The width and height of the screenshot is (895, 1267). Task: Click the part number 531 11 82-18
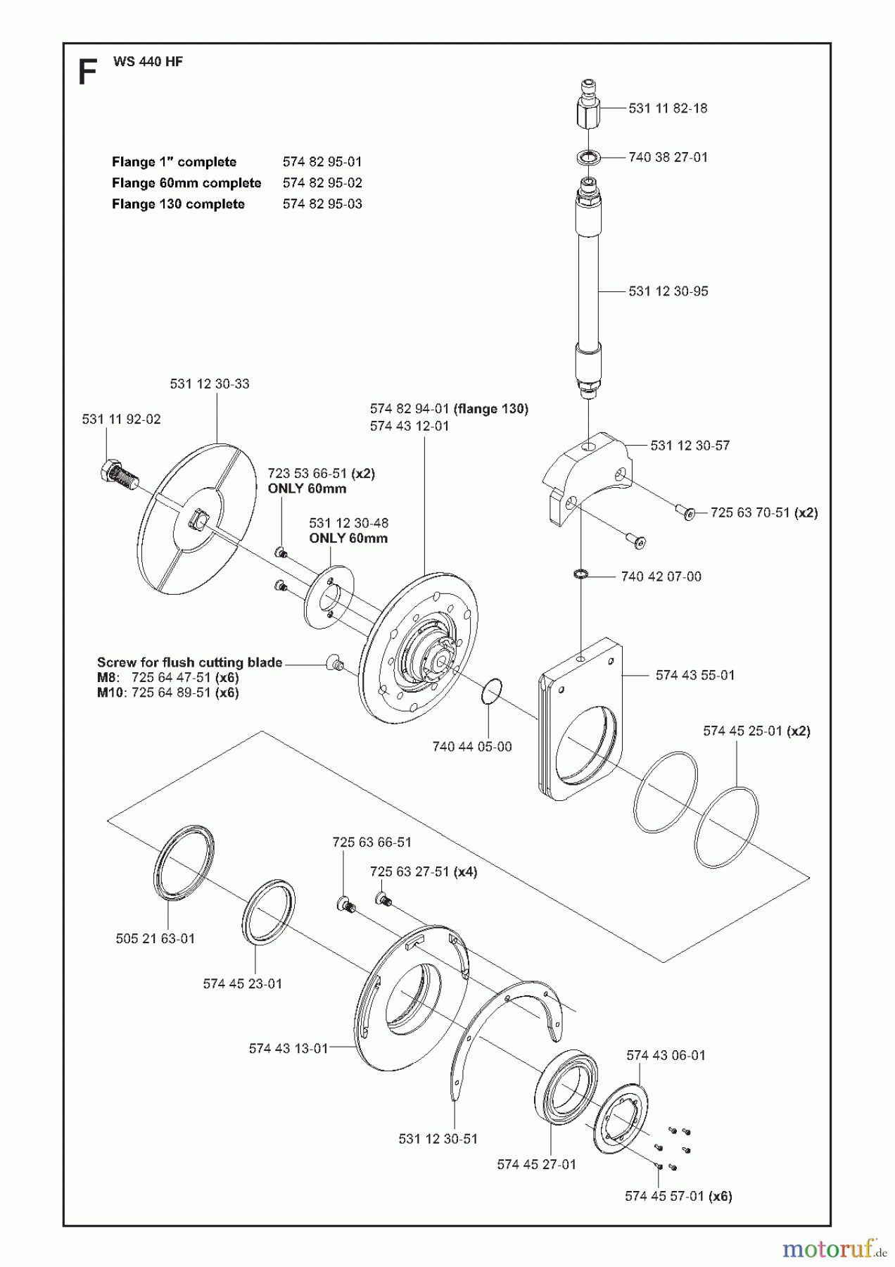coord(668,108)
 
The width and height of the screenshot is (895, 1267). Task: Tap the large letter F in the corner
coord(87,73)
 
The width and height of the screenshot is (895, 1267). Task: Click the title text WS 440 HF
coord(148,62)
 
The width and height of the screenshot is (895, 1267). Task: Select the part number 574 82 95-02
coord(322,183)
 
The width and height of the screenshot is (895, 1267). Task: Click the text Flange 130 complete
coord(178,204)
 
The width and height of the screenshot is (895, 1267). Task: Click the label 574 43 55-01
coord(694,675)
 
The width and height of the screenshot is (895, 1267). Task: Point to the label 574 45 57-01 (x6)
coord(678,1196)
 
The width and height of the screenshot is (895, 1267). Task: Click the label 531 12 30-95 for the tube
coord(668,291)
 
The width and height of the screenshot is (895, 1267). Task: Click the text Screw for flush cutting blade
coord(189,662)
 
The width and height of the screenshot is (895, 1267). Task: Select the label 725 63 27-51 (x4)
coord(423,871)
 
